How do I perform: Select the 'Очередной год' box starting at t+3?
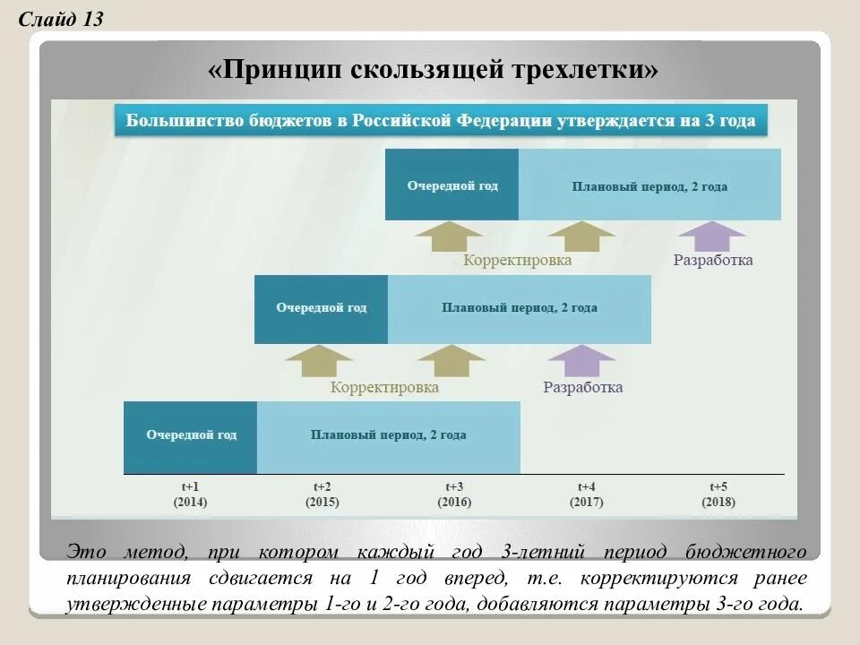coord(451,185)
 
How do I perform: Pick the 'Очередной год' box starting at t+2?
coord(321,308)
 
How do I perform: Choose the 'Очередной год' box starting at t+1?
coord(191,436)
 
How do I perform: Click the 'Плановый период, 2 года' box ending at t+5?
coord(649,185)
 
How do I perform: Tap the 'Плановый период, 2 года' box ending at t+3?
coord(388,436)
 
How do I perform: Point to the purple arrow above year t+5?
coord(712,236)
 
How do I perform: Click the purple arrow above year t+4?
coord(581,360)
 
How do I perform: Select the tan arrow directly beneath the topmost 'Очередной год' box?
coord(450,236)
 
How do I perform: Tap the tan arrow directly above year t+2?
coord(320,360)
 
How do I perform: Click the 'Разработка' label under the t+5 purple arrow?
coord(713,261)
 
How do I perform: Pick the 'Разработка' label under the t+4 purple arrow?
coord(582,388)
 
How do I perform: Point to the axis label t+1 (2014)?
coord(190,494)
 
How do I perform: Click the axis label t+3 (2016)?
coord(453,494)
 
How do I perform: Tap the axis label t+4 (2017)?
coord(586,494)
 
